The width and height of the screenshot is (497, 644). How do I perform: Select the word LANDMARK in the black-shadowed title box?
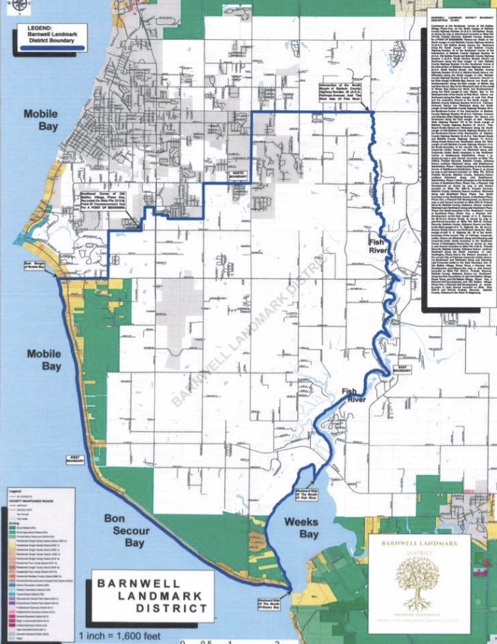click(146, 596)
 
